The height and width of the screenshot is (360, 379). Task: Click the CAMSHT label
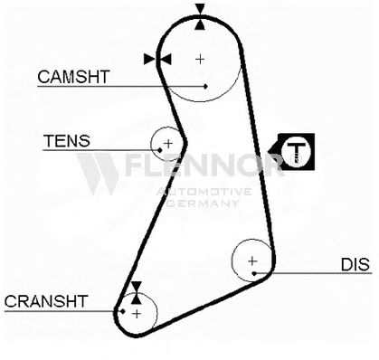point(73,77)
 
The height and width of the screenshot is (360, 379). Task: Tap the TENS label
point(67,140)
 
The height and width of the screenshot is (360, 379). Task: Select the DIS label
point(355,264)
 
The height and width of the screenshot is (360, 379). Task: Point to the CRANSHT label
point(46,301)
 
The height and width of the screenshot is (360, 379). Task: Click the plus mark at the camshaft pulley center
point(200,59)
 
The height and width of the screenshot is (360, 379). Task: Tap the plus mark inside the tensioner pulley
point(168,143)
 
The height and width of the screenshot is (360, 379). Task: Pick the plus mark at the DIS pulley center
point(252,261)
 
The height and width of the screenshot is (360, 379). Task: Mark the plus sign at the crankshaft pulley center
point(137,314)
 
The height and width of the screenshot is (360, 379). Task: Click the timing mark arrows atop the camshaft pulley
point(200,16)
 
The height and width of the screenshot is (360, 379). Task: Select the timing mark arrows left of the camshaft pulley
point(157,59)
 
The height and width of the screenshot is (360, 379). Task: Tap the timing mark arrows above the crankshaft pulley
point(137,292)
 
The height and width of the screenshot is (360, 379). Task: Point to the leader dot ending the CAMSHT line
point(205,87)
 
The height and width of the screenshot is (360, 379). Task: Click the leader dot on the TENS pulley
point(160,150)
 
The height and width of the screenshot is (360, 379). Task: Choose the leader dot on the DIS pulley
point(254,273)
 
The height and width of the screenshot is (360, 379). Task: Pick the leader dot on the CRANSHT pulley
point(122,311)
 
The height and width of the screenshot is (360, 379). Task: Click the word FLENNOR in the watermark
point(204,165)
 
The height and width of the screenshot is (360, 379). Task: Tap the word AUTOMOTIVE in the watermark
point(204,192)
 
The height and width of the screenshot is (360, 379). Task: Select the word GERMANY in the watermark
point(203,204)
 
